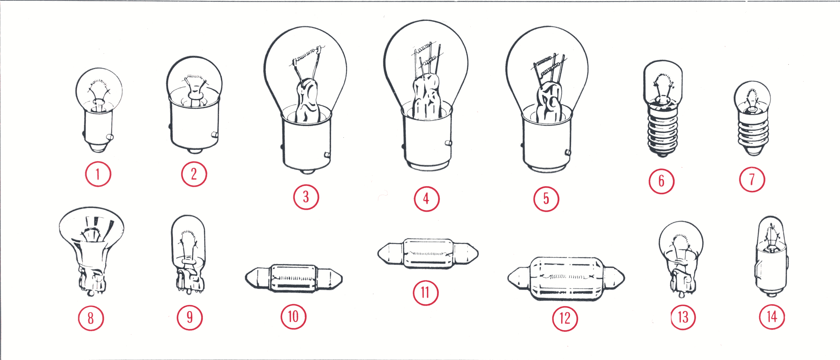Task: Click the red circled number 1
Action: (98, 174)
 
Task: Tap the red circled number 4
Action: (427, 199)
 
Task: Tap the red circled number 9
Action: (189, 317)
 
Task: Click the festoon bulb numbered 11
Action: (428, 254)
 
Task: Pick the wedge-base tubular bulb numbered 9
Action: (189, 254)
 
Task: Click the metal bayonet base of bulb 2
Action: (195, 129)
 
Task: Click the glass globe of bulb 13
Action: (681, 243)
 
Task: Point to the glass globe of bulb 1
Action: (99, 90)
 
